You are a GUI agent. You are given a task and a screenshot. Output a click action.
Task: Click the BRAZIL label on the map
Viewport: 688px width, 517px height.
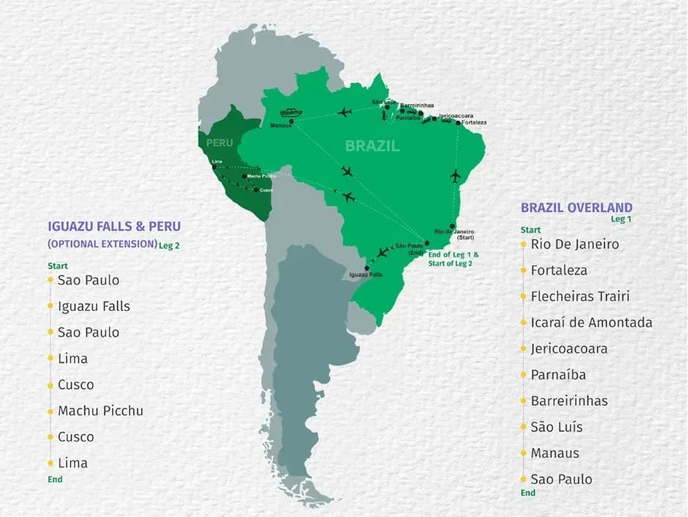tap(373, 146)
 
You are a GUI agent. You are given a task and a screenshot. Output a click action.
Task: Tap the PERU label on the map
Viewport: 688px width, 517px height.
tap(219, 142)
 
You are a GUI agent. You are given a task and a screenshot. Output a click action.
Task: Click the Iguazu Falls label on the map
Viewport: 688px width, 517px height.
tap(366, 275)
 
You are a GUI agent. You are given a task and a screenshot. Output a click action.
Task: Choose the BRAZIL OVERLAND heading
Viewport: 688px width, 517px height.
tap(577, 208)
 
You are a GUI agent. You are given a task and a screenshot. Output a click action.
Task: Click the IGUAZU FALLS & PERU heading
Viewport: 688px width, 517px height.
tap(114, 227)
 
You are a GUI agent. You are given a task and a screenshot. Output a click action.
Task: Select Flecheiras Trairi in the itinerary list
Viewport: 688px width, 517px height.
tap(580, 296)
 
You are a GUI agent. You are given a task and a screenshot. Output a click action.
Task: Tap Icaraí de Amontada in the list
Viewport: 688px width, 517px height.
tap(591, 323)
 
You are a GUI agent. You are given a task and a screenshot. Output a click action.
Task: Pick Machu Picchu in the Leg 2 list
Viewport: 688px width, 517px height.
tap(100, 411)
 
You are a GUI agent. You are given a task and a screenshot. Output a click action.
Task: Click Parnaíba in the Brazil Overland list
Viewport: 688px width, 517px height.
tap(558, 375)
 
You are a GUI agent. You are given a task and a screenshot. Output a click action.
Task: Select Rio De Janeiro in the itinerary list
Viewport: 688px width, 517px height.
tap(575, 244)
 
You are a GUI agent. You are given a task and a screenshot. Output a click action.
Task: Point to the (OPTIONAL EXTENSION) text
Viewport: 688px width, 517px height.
tap(102, 243)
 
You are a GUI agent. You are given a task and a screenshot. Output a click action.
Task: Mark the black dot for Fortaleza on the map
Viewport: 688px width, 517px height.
tap(459, 122)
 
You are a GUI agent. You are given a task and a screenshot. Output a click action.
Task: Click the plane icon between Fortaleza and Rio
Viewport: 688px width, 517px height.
tap(456, 176)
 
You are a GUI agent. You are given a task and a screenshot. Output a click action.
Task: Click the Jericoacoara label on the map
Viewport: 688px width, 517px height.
tap(456, 116)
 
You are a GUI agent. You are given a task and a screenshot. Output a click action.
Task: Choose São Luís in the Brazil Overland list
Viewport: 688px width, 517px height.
tap(557, 427)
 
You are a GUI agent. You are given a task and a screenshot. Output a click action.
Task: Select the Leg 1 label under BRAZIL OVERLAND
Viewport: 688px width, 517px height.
tap(621, 219)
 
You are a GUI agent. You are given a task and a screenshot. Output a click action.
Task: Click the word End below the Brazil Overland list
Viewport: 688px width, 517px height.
tap(528, 493)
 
